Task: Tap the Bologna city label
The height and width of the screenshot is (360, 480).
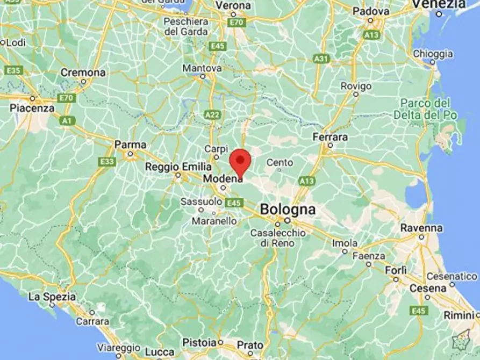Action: (x=288, y=210)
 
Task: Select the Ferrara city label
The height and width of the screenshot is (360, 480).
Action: (x=330, y=138)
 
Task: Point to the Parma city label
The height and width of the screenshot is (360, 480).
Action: (x=130, y=145)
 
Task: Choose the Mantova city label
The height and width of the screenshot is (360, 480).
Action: (x=202, y=69)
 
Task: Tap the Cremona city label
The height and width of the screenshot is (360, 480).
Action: (x=83, y=73)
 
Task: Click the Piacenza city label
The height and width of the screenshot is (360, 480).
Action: (x=32, y=108)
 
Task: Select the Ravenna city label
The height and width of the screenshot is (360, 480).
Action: (x=421, y=228)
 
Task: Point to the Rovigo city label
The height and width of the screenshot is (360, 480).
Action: (x=356, y=86)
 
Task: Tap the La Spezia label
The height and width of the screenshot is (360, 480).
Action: (x=52, y=296)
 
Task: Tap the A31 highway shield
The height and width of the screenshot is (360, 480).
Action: (x=321, y=58)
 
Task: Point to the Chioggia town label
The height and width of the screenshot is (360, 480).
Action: (x=433, y=54)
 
